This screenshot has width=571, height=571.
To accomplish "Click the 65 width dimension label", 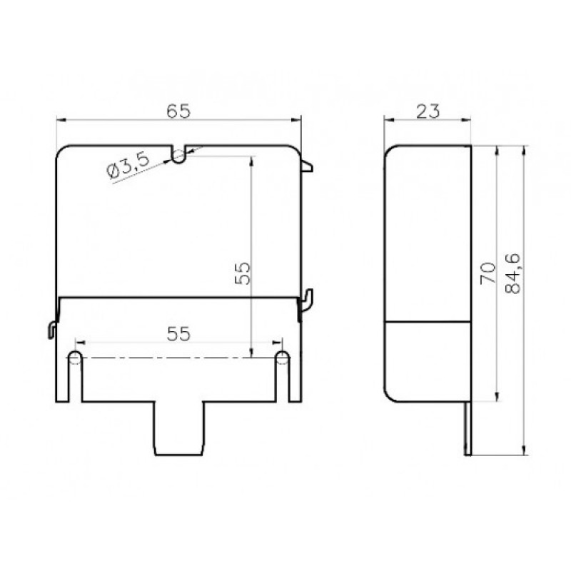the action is click(178, 111).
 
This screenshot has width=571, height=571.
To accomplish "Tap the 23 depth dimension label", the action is click(428, 111).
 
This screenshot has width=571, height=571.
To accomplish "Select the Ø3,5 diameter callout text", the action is click(128, 166).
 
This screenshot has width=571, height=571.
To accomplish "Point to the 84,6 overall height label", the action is click(513, 273).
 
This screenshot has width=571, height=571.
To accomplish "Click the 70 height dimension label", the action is click(488, 273).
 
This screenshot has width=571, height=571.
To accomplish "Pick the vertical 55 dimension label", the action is click(243, 273).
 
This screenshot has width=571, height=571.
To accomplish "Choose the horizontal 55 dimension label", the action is click(178, 334).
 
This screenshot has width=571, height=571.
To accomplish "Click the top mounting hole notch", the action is click(178, 155).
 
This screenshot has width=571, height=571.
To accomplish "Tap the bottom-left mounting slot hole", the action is click(75, 358).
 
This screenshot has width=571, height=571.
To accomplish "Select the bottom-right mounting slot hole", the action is click(282, 358).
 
